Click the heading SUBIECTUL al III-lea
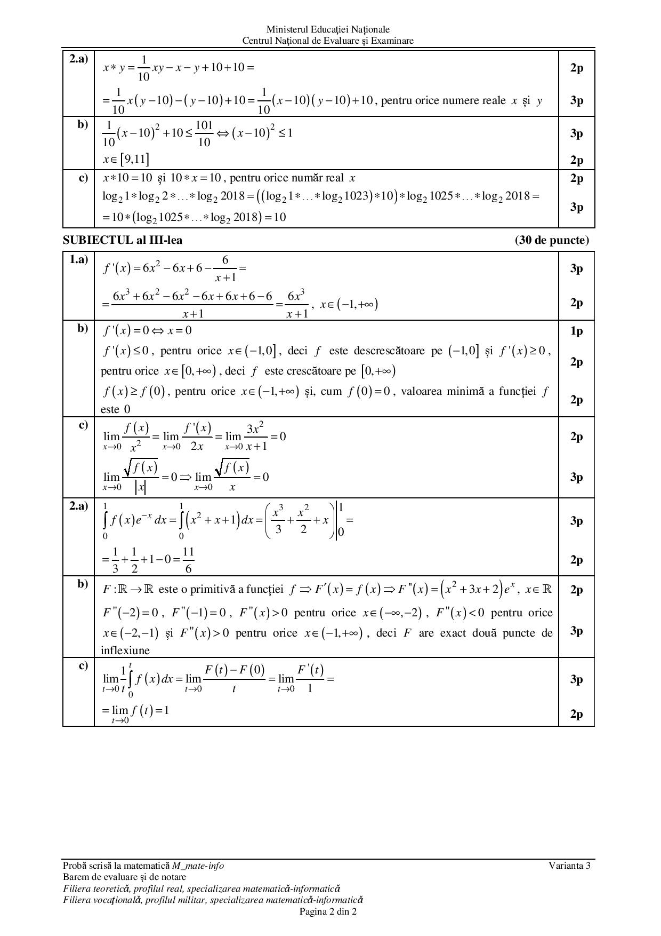click(122, 240)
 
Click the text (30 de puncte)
click(552, 240)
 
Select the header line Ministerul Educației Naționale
click(328, 30)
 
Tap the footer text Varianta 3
click(569, 866)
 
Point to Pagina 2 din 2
click(328, 911)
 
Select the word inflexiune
click(125, 651)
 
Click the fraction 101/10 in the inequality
click(204, 133)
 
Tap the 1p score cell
click(576, 331)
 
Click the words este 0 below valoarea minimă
click(116, 409)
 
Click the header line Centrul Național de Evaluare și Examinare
click(328, 41)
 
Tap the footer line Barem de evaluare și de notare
click(124, 877)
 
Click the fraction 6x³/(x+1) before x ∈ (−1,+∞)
click(296, 303)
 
